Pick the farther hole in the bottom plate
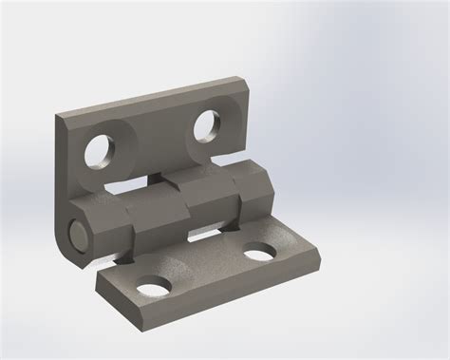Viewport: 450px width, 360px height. coord(257,253)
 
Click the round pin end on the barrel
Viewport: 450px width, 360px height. coord(77,230)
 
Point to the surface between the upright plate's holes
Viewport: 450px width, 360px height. coord(152,138)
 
